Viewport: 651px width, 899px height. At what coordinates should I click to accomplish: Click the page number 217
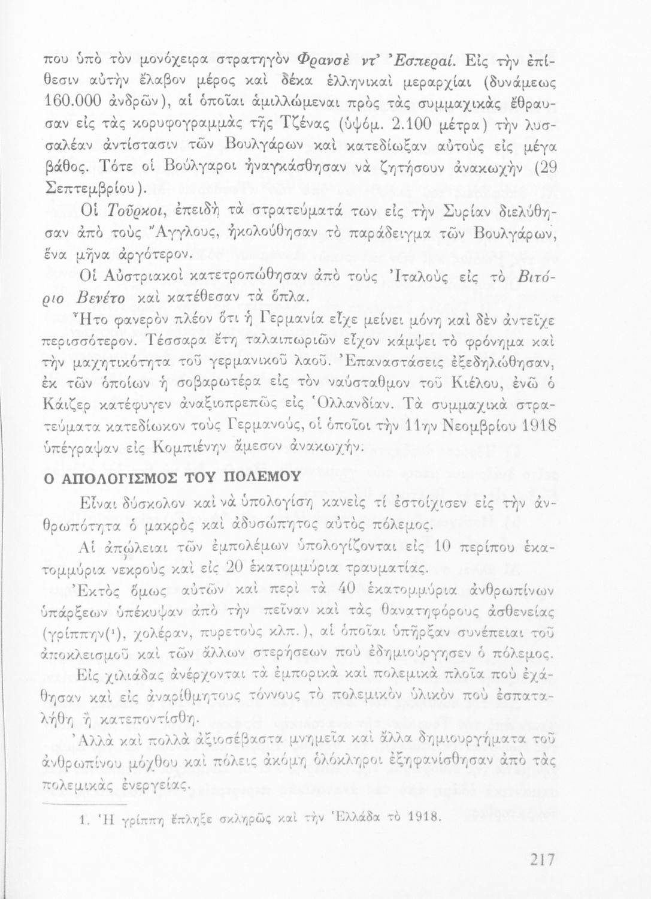click(541, 859)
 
